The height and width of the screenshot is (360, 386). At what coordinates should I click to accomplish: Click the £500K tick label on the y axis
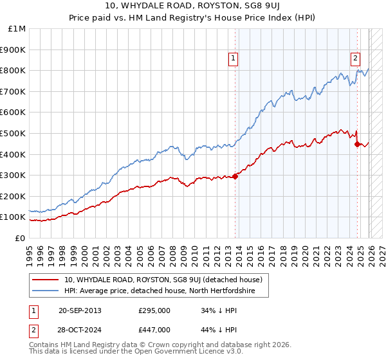click(x=13, y=133)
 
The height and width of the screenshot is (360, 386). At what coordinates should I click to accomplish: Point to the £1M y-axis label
click(x=16, y=29)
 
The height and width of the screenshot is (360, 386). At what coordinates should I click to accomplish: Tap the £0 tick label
click(x=21, y=238)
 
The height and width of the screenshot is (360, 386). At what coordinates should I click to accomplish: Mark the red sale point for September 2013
click(x=235, y=176)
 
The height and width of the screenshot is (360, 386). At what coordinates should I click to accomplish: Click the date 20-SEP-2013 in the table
click(x=80, y=310)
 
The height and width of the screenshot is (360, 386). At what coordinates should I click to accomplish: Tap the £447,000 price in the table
click(x=154, y=329)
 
